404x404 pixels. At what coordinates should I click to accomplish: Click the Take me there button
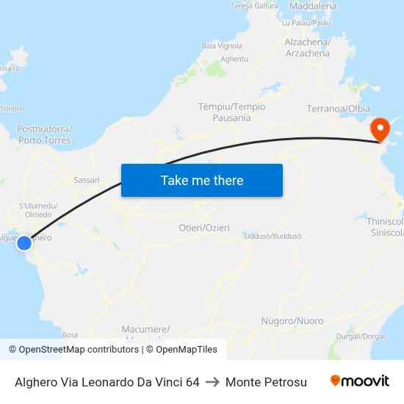[x=202, y=180]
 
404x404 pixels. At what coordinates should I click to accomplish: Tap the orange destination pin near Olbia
[x=380, y=130]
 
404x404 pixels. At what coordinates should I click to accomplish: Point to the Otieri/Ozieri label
[x=204, y=228]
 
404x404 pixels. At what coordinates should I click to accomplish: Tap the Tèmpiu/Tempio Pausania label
[x=231, y=112]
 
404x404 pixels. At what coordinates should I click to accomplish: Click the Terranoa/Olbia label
[x=338, y=109]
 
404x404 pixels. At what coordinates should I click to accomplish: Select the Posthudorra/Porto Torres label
[x=44, y=134]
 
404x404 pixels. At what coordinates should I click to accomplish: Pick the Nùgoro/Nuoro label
[x=292, y=321]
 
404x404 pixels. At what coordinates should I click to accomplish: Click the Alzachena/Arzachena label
[x=307, y=48]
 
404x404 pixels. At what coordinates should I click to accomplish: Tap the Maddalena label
[x=313, y=6]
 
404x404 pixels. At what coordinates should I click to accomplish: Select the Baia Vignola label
[x=221, y=46]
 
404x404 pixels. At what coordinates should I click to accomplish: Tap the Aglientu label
[x=234, y=59]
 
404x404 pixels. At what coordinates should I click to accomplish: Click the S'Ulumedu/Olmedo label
[x=38, y=210]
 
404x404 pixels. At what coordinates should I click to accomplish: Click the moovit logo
[x=359, y=381]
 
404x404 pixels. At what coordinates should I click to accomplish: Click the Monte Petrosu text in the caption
[x=266, y=382]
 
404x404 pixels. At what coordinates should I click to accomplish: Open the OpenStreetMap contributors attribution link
[x=79, y=350]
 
